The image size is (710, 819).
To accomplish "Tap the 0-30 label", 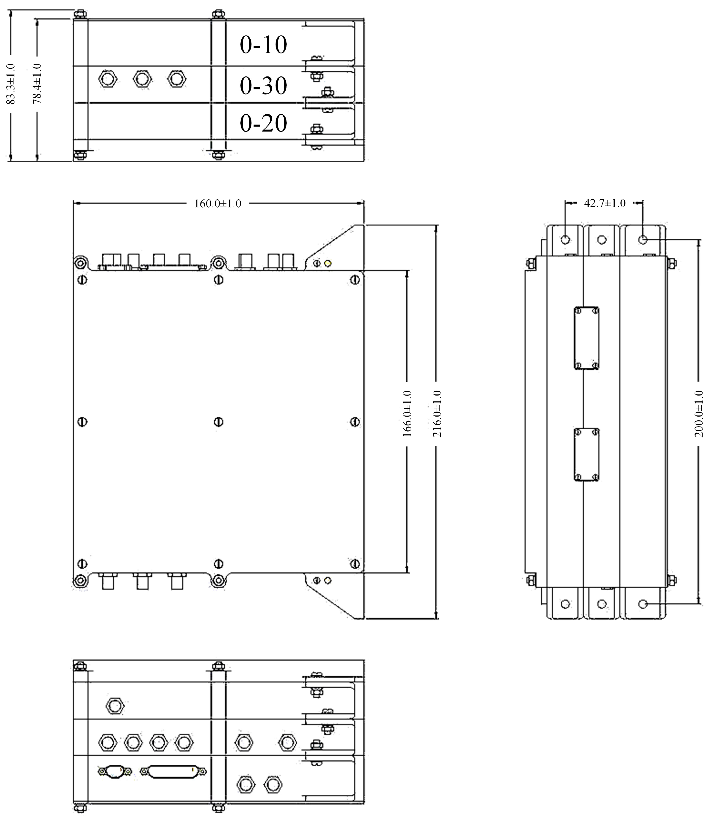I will (x=263, y=86).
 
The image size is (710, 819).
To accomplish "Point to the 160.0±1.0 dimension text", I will (x=218, y=204).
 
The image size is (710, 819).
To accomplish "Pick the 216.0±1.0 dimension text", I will (x=437, y=414).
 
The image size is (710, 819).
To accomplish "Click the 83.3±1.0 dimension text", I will (x=11, y=84).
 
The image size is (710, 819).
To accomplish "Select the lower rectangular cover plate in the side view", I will (x=586, y=460).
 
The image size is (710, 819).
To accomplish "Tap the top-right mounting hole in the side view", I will (x=643, y=240).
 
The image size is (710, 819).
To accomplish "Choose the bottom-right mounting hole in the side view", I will (x=643, y=604).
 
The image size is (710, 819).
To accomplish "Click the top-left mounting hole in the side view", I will (x=565, y=240).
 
